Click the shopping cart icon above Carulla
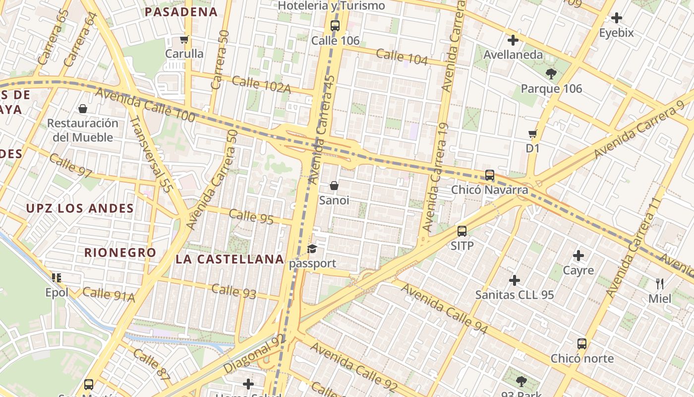point(184,39)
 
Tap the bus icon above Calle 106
point(335,26)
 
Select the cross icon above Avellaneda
point(513,40)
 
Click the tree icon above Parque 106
point(551,74)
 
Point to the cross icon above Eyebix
point(617,18)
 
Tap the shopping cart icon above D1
point(533,133)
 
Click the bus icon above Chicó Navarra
point(490,175)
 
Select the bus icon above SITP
point(462,231)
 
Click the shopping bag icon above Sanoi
point(334,186)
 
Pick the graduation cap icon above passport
point(312,249)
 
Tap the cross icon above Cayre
point(578,256)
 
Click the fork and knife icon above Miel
point(660,284)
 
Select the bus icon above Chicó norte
point(582,344)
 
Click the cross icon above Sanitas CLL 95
point(515,280)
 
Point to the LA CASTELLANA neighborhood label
point(230,259)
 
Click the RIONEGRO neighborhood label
point(120,253)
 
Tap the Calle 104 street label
point(402,57)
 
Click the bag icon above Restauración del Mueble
point(83,108)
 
